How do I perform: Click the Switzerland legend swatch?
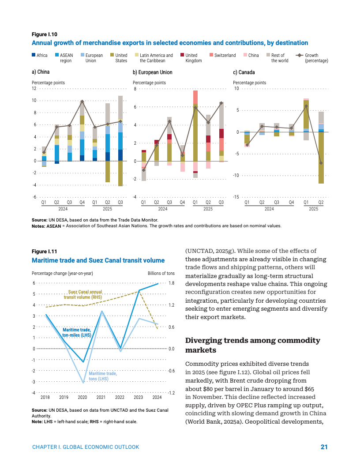coord(211,55)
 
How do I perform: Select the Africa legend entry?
coord(40,55)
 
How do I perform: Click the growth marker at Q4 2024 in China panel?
coord(82,101)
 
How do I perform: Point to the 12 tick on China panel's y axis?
coord(34,88)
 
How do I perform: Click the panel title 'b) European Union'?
coord(153,72)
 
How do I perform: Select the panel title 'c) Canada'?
coord(244,72)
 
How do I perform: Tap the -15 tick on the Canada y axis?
coord(236,197)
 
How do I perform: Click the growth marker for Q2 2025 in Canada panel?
coord(321,163)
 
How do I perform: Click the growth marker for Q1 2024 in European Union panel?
coord(144,170)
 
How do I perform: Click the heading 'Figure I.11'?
coord(45,252)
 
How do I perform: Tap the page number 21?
coord(324,447)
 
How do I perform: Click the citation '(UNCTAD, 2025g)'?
coord(208,251)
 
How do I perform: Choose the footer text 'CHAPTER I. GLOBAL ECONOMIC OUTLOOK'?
coord(86,447)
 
